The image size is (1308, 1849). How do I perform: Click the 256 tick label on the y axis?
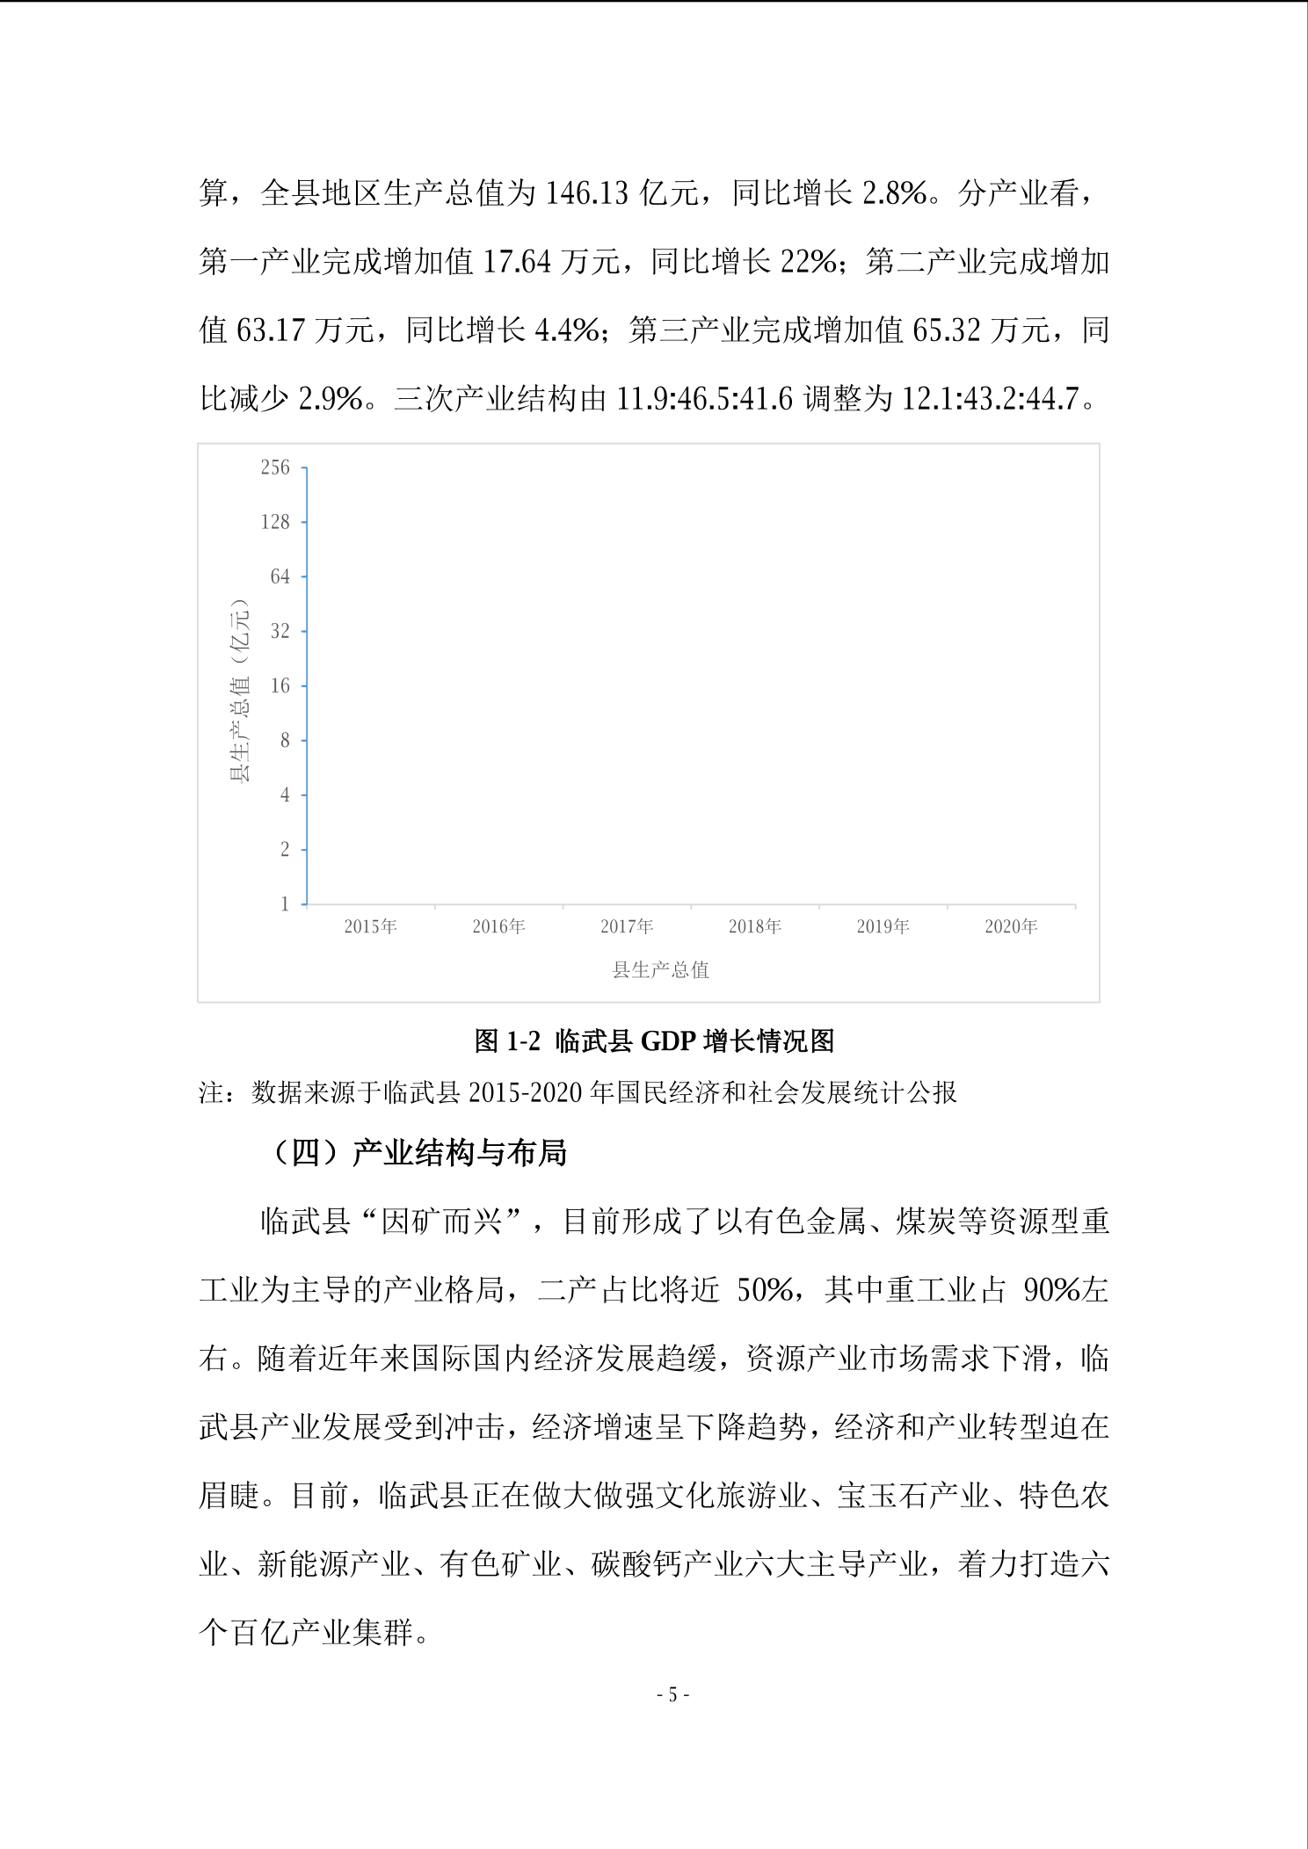click(x=274, y=468)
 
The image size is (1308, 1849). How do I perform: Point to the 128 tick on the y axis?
click(x=274, y=522)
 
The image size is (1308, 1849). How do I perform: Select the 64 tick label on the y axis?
click(x=280, y=576)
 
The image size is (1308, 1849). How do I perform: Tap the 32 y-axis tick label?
click(x=280, y=631)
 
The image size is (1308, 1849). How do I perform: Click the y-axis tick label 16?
click(x=280, y=685)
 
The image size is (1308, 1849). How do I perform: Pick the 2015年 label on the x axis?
click(x=370, y=926)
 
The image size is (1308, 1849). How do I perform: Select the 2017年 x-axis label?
click(x=627, y=926)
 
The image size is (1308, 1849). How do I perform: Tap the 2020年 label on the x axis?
click(x=1011, y=926)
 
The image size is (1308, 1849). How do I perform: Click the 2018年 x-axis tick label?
click(x=754, y=926)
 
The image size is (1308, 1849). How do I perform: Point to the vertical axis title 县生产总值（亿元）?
click(x=239, y=690)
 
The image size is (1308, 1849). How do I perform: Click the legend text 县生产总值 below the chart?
click(x=660, y=970)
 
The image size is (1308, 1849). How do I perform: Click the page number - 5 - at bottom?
click(x=672, y=1695)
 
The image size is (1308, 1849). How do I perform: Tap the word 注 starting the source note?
click(x=211, y=1092)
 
